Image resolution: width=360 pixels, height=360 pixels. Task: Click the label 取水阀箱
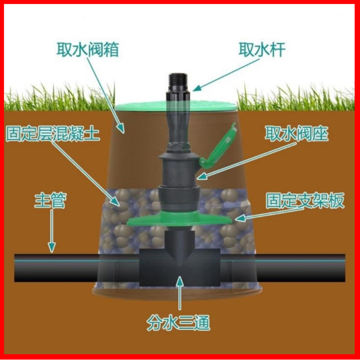[x=88, y=50]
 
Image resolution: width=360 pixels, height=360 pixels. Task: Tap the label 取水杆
[x=261, y=50]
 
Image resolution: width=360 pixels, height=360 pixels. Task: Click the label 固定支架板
[x=305, y=201]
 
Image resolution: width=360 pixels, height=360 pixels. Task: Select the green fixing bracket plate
[x=180, y=220]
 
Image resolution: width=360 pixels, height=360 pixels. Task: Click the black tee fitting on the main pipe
[x=180, y=265]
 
